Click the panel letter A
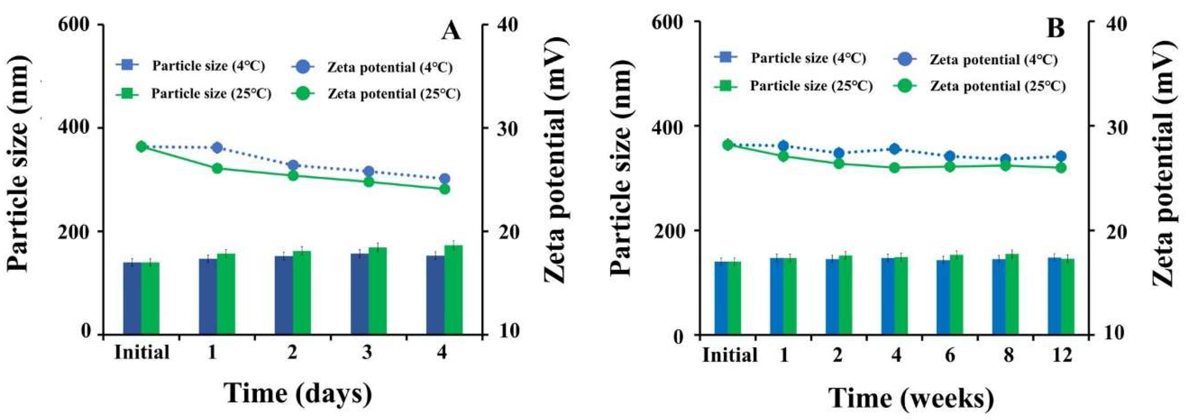tap(451, 31)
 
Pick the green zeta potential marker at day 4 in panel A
tap(444, 189)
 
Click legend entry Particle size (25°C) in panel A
tap(211, 94)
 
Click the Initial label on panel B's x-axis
tap(730, 355)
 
